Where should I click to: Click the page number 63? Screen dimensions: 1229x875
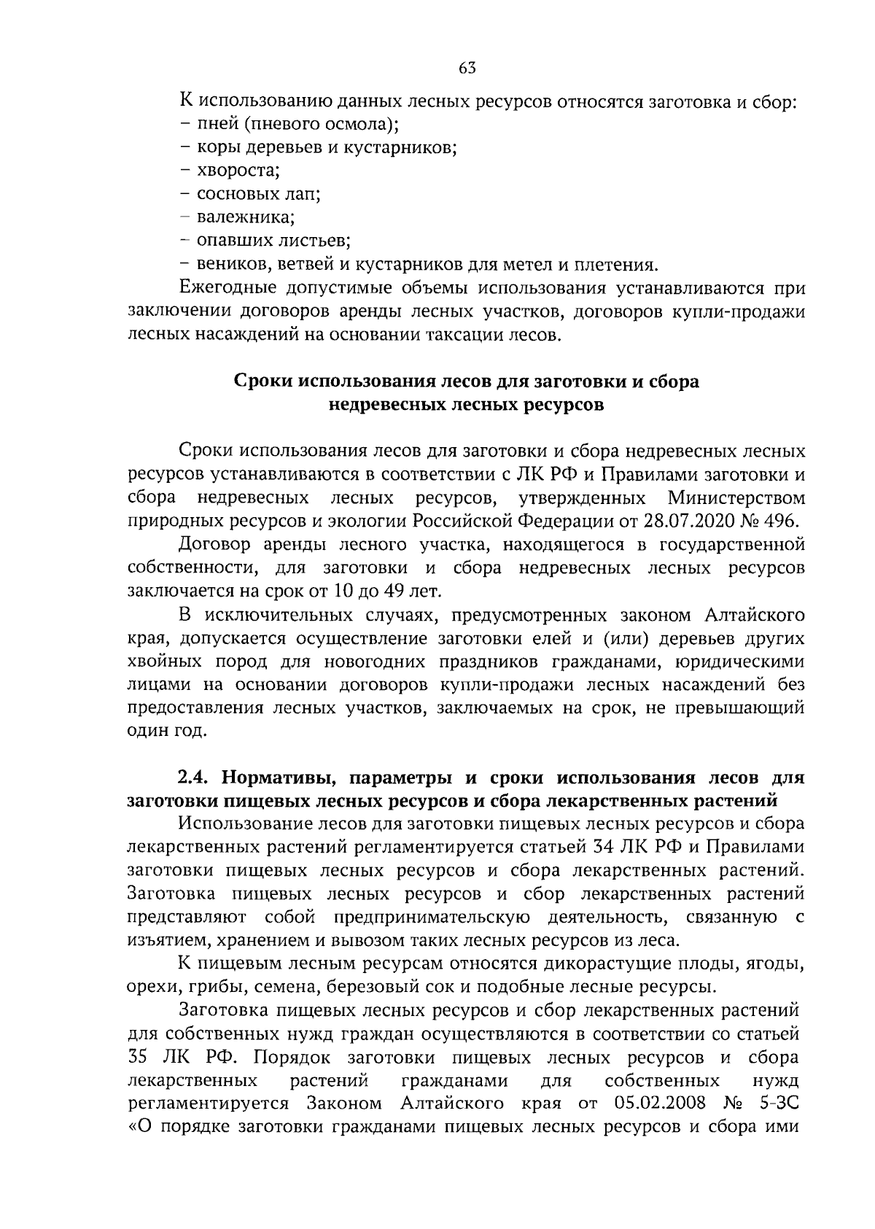467,68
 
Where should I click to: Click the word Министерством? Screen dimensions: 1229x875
736,498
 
